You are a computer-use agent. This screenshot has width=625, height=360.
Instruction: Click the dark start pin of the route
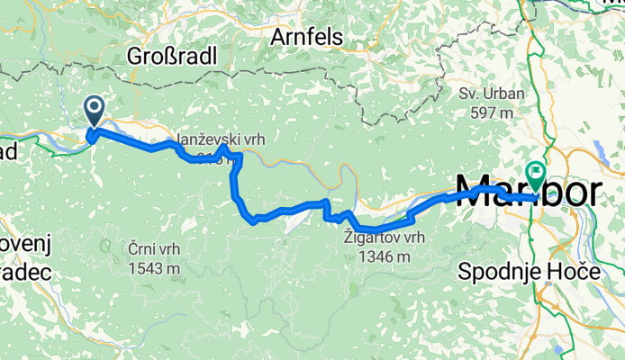(x=95, y=111)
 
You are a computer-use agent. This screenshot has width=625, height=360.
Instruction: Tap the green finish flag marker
(x=537, y=169)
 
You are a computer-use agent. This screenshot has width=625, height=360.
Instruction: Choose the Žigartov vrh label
(x=384, y=238)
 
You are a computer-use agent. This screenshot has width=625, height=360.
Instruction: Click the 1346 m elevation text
(x=384, y=256)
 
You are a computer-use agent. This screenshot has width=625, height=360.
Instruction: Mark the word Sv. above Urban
(x=468, y=94)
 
